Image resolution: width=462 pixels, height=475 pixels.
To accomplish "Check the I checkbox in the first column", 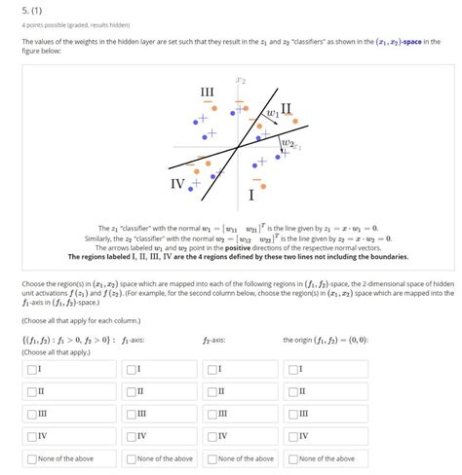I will [x=32, y=369].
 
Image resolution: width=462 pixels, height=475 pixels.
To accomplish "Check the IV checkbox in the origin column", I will [x=292, y=435].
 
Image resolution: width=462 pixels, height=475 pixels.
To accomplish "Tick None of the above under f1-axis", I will [x=131, y=457].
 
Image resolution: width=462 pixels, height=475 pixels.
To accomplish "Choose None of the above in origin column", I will [x=292, y=457].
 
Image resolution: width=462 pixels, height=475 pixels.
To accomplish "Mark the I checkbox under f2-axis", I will [x=212, y=369].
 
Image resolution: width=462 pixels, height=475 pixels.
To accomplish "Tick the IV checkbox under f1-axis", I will [x=131, y=435].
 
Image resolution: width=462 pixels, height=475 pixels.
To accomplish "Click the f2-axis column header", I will [x=214, y=340].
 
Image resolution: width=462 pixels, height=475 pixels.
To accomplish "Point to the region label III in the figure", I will [x=207, y=93].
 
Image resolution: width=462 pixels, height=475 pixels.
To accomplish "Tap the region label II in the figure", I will [x=286, y=107].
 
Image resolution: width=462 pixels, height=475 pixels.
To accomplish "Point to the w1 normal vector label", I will [x=272, y=115].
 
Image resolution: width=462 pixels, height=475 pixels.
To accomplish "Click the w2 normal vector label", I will [x=286, y=145].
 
